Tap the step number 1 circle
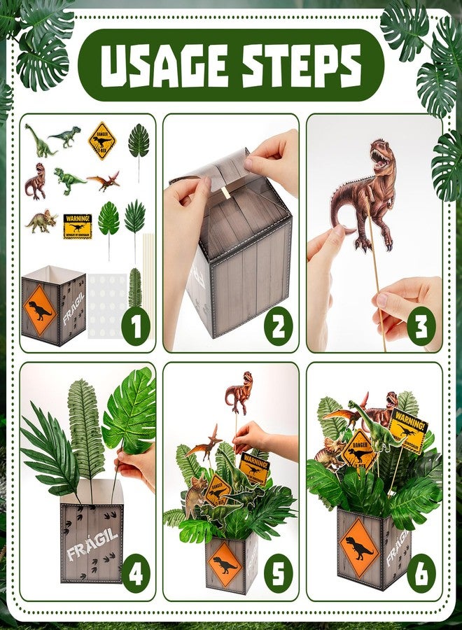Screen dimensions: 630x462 pos(135,327)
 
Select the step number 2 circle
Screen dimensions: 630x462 pos(278,327)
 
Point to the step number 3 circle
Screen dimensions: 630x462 pos(421,327)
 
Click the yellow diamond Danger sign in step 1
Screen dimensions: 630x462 pos(102,141)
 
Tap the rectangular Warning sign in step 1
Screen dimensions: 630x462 pos(78,226)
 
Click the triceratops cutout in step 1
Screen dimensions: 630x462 pos(41,221)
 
